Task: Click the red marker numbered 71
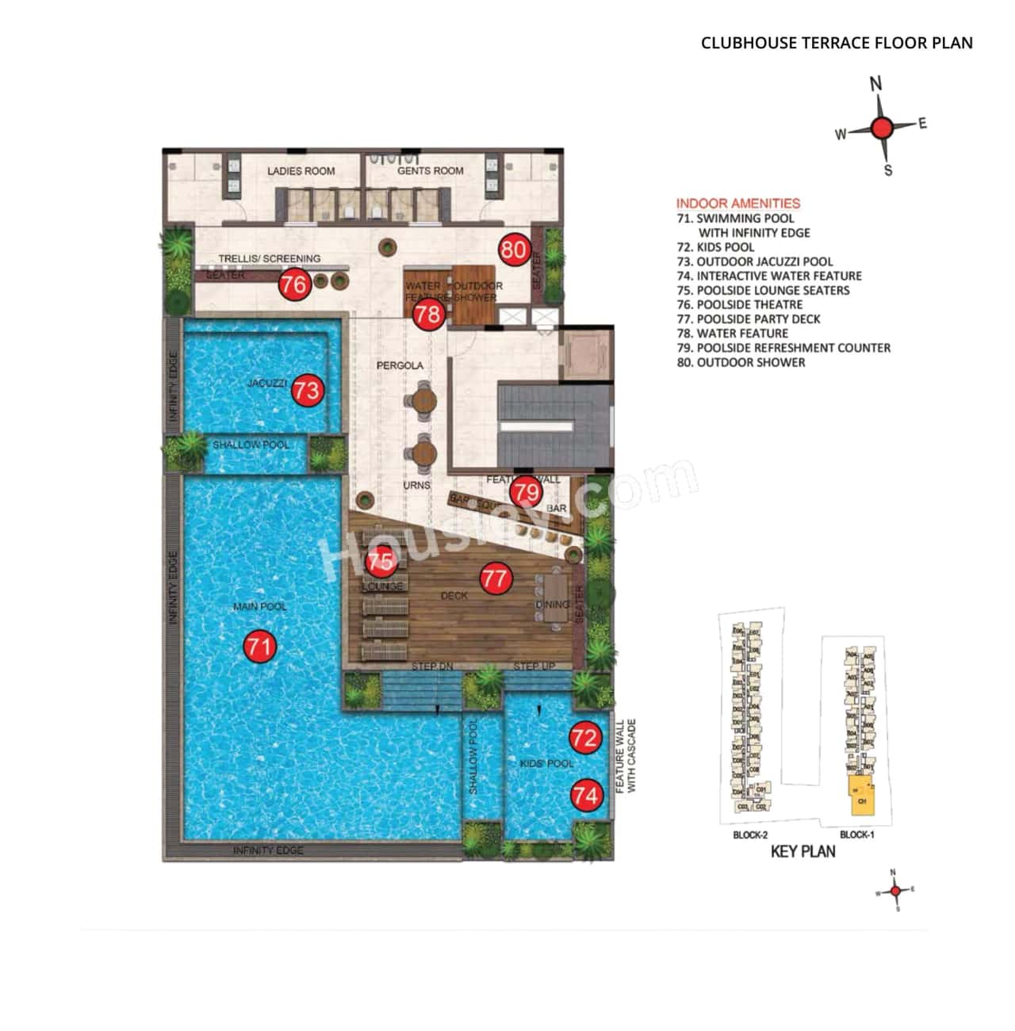259,647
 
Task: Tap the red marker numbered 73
307,390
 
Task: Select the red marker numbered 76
293,284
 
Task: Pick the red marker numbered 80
514,250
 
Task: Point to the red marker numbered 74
586,795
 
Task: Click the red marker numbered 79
525,493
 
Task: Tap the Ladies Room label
301,171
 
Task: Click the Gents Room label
431,170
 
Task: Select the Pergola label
400,365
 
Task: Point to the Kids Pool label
546,763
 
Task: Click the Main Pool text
259,607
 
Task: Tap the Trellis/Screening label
270,258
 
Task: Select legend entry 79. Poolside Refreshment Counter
783,348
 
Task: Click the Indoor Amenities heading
738,204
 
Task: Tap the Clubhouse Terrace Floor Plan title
837,44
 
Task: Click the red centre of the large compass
882,128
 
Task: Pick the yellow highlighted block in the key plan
860,796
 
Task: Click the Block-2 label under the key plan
750,835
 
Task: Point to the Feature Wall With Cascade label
626,756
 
